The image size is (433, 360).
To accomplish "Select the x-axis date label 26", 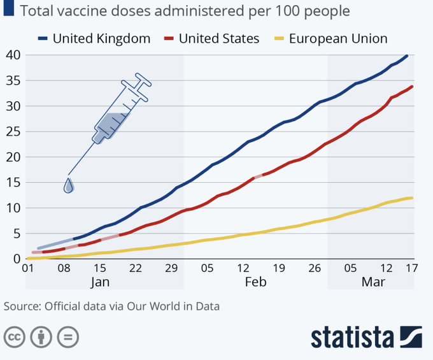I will (x=316, y=268).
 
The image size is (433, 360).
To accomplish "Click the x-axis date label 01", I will (x=27, y=268).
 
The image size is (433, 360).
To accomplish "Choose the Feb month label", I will (x=255, y=282).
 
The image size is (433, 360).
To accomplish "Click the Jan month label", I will (x=99, y=282).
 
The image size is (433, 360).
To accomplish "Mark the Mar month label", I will (x=373, y=282).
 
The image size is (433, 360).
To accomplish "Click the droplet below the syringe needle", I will (x=69, y=185).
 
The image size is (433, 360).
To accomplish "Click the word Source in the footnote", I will (x=20, y=306).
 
